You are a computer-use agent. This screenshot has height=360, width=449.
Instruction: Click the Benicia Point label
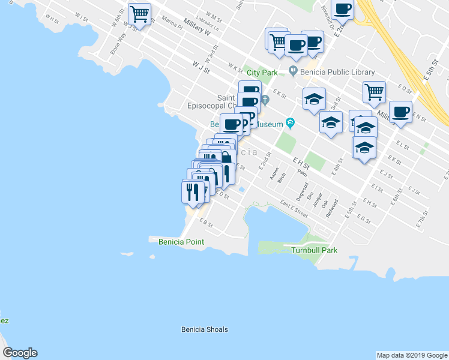[181, 242]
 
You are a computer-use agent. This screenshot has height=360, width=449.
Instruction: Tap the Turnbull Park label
[314, 250]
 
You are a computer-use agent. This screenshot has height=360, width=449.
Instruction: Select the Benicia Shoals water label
[204, 329]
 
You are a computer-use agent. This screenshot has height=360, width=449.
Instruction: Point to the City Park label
[262, 73]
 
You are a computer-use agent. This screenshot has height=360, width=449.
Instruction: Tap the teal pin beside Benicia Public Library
[293, 71]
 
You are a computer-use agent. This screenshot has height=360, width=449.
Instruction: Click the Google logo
[20, 353]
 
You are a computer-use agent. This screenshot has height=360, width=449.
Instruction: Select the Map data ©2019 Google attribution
[411, 355]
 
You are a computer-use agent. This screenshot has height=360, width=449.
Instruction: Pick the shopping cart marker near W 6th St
[139, 14]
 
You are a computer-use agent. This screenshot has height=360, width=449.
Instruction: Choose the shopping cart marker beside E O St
[373, 92]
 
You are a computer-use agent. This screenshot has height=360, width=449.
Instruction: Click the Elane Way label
[118, 44]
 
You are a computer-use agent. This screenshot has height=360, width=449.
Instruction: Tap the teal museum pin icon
[290, 123]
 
